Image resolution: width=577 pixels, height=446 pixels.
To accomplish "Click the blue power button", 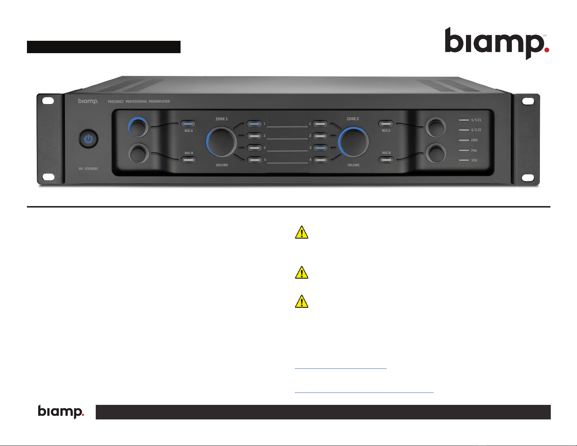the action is click(x=88, y=139).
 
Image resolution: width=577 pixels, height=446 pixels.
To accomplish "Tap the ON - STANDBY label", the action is click(x=88, y=169).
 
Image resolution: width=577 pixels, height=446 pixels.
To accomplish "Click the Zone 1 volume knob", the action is click(x=221, y=142).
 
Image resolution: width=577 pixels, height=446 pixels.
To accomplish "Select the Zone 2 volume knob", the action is click(x=353, y=142).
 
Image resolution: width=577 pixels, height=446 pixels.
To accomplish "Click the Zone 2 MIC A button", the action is click(x=386, y=124).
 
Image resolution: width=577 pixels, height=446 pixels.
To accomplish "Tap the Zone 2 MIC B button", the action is click(x=386, y=160).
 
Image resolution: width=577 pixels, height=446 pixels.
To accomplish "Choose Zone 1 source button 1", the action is click(x=254, y=124).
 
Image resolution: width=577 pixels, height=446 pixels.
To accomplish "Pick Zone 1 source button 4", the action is click(x=254, y=160).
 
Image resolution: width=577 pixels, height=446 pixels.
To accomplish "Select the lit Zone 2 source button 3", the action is click(x=320, y=148).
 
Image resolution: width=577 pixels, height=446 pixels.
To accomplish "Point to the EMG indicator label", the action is click(x=474, y=140).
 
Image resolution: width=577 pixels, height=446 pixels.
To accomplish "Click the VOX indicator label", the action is click(x=474, y=160).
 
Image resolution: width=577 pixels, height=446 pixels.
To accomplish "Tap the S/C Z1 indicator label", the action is click(x=476, y=120).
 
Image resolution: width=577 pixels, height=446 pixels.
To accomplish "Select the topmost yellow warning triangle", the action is click(x=301, y=232).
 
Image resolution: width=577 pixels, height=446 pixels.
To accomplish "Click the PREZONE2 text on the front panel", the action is click(x=115, y=102).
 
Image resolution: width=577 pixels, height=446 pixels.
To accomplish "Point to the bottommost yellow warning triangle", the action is click(x=301, y=301).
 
